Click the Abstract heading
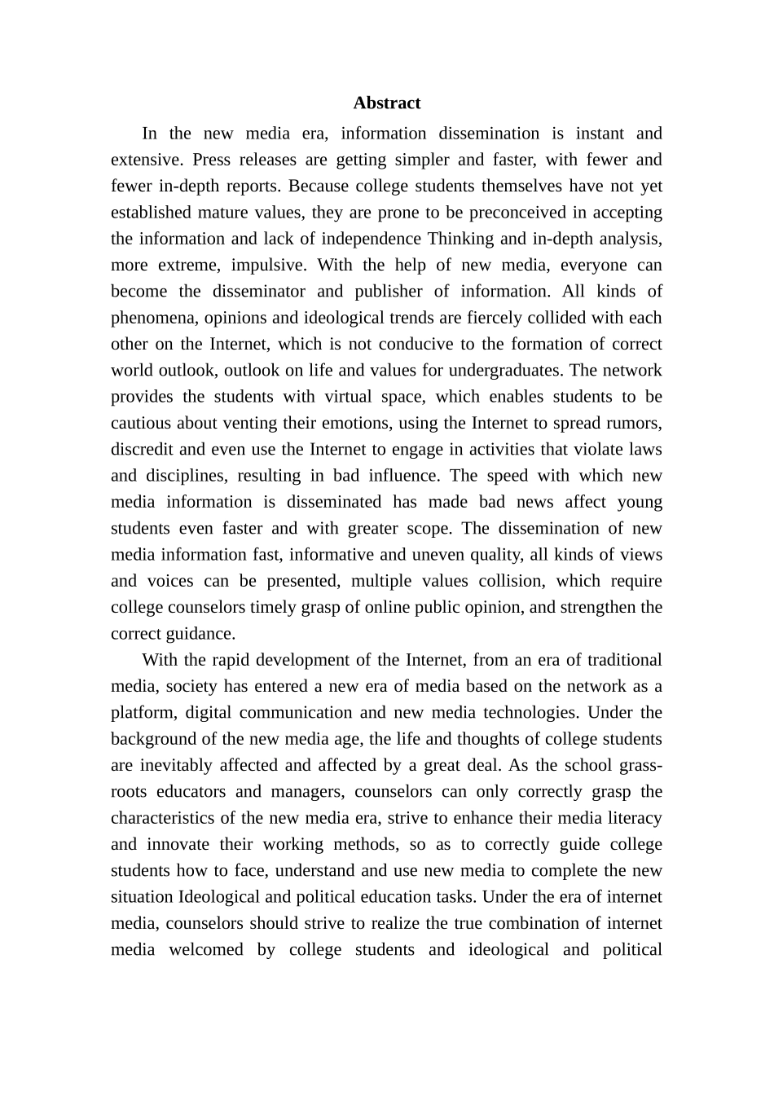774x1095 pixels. click(386, 103)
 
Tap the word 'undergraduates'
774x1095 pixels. click(505, 371)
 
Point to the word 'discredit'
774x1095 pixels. click(143, 450)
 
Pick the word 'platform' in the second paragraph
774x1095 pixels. click(142, 713)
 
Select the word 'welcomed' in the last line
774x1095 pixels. click(205, 950)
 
